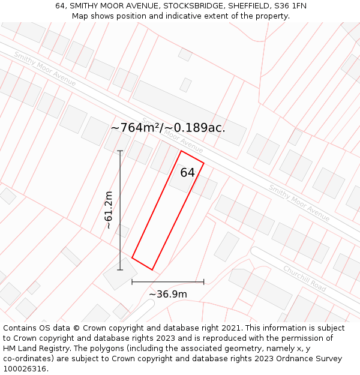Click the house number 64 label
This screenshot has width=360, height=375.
tap(188, 173)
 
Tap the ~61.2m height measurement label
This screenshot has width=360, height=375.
tap(109, 210)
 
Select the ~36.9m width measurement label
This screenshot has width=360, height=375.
tap(168, 294)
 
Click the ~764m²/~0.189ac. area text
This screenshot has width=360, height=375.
tap(168, 128)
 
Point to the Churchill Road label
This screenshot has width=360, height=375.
tap(304, 279)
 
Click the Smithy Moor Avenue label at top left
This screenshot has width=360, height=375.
tap(45, 68)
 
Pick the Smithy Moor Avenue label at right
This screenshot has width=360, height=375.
tap(299, 202)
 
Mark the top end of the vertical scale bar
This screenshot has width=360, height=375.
tap(120, 151)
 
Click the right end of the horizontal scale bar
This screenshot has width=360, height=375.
tap(204, 281)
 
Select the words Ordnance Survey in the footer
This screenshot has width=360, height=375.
tap(313, 359)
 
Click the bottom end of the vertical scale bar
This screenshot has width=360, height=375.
tap(120, 269)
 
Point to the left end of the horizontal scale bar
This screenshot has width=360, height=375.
tap(132, 281)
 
